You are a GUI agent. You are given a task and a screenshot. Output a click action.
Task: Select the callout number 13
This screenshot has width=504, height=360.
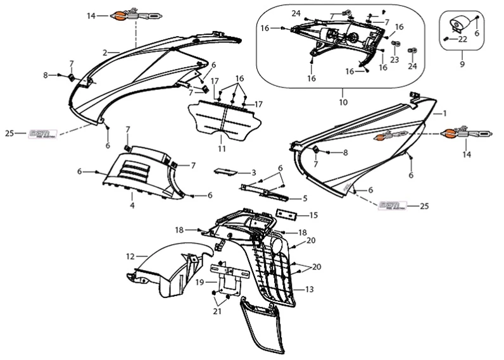point(310,290)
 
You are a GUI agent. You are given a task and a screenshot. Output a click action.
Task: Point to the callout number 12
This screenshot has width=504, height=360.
point(129,257)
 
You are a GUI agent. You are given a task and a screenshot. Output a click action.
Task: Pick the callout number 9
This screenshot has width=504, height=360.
point(462,64)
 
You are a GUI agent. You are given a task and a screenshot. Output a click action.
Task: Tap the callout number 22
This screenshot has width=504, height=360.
point(463,39)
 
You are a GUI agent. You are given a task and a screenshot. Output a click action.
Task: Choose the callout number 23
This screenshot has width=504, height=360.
point(394,60)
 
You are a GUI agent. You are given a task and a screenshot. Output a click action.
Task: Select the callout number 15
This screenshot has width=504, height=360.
point(313,215)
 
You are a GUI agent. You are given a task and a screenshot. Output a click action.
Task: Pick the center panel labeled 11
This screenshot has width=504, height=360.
point(223,123)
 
